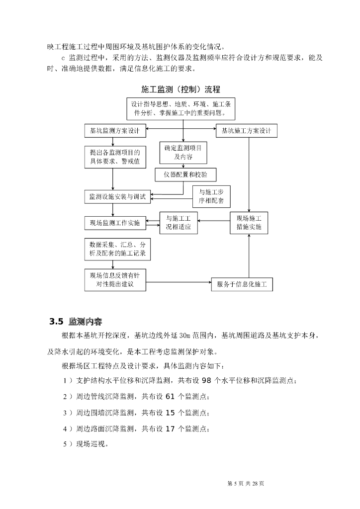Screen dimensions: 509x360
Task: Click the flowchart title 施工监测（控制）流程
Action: (x=180, y=89)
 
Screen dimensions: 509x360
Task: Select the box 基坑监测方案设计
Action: (x=115, y=131)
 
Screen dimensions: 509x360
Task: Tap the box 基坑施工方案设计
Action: (x=246, y=131)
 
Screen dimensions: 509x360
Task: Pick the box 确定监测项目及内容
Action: (x=183, y=153)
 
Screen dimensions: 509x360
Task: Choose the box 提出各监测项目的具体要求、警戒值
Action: (x=114, y=158)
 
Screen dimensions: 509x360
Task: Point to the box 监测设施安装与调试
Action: (x=117, y=197)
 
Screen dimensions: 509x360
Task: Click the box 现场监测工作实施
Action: (x=115, y=223)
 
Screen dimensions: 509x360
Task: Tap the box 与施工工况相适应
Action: (x=179, y=223)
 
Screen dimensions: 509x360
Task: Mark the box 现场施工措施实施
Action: (x=249, y=223)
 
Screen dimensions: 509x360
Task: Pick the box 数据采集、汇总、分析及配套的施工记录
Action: (x=117, y=250)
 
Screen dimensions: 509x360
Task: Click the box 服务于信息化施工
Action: (x=242, y=285)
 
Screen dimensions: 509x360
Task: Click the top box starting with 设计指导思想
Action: (x=183, y=109)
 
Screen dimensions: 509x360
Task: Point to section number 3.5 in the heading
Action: (x=57, y=321)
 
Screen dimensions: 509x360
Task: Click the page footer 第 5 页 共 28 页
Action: (x=245, y=483)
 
